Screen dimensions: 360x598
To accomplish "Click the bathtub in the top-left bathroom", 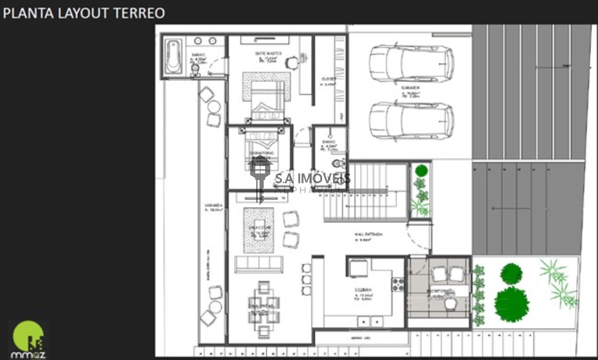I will pyautogui.click(x=173, y=57).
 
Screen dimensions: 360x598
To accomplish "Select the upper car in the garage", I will pyautogui.click(x=411, y=63).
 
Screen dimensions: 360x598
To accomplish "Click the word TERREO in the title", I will pyautogui.click(x=139, y=13).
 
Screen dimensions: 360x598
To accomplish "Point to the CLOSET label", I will pyautogui.click(x=329, y=79).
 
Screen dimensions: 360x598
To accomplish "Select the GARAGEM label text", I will pyautogui.click(x=410, y=88).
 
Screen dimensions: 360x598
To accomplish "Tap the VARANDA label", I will pyautogui.click(x=213, y=206).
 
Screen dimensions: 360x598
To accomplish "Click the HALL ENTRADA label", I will pyautogui.click(x=368, y=234).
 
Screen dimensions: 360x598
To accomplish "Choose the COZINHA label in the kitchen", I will pyautogui.click(x=363, y=290).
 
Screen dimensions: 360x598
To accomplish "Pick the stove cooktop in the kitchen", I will pyautogui.click(x=398, y=284).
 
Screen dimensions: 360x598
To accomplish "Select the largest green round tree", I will pyautogui.click(x=512, y=304).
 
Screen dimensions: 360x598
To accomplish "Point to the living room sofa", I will pyautogui.click(x=259, y=265).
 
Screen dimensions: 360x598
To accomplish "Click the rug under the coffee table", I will pyautogui.click(x=258, y=230).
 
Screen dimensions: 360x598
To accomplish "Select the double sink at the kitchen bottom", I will pyautogui.click(x=370, y=322).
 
